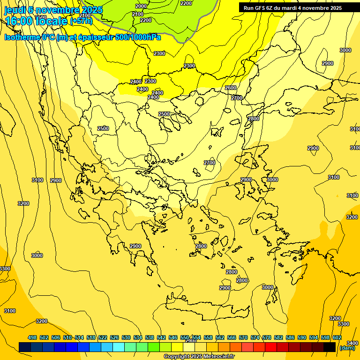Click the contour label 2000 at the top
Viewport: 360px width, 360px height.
click(x=141, y=6)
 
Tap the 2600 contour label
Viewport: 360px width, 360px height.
click(x=231, y=88)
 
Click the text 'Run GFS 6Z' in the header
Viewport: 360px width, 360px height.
click(x=258, y=8)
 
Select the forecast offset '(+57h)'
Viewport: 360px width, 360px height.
click(x=81, y=21)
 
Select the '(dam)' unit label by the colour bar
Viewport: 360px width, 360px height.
click(x=347, y=348)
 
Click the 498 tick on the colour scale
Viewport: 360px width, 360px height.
click(x=32, y=337)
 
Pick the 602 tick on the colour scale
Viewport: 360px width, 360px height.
click(x=337, y=337)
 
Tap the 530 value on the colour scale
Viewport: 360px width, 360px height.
click(x=126, y=337)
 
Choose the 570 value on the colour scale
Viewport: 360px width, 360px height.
click(x=243, y=337)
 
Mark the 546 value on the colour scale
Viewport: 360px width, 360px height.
click(x=173, y=337)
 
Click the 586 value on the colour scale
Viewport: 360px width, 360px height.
click(x=290, y=337)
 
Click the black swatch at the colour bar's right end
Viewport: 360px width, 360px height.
click(x=330, y=347)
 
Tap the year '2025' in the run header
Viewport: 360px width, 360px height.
click(x=335, y=8)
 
